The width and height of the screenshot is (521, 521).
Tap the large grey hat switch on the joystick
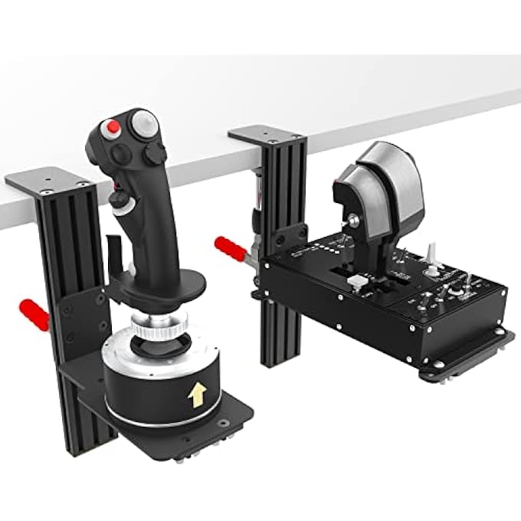(143, 123)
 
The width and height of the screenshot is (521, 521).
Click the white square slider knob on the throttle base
(355, 282)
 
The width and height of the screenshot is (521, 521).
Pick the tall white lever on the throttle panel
(432, 253)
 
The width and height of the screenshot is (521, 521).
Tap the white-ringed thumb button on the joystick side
(118, 202)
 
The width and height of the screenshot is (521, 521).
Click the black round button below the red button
(121, 152)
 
